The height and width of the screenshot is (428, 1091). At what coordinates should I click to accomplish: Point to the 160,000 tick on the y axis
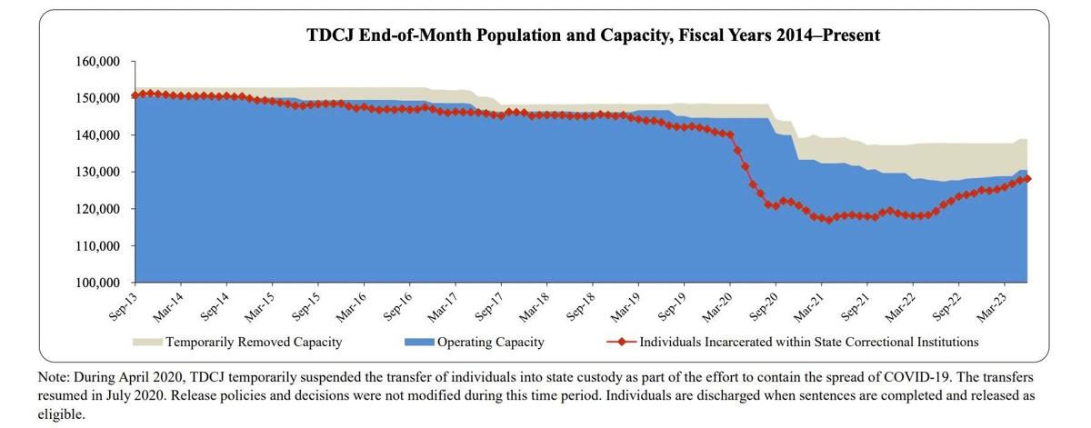(x=96, y=62)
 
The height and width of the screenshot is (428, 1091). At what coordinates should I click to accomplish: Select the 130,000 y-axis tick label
(x=96, y=173)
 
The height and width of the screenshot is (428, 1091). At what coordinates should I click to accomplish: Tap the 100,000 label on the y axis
(x=96, y=284)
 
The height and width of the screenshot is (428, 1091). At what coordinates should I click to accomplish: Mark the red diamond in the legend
(x=620, y=343)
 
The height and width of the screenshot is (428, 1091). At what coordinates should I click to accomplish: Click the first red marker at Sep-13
(x=135, y=95)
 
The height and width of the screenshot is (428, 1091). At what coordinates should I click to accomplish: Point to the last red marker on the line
(x=1027, y=179)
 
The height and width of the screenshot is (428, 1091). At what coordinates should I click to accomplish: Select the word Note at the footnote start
(x=54, y=374)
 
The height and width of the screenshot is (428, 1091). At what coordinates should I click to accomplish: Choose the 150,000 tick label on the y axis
(x=96, y=98)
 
